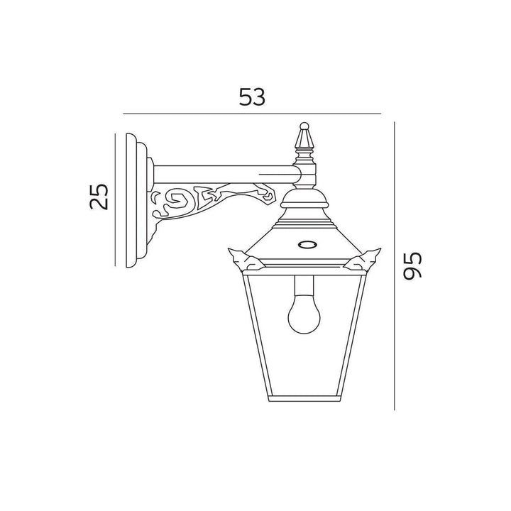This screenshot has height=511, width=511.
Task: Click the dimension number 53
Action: click(x=252, y=97)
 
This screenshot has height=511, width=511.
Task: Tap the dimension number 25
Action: click(x=99, y=197)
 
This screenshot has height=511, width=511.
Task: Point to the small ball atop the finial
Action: click(x=304, y=126)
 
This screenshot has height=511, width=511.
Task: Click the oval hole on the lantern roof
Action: click(x=307, y=244)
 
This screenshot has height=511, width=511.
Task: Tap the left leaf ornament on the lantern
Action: click(x=247, y=260)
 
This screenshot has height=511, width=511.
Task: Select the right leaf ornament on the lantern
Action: click(x=363, y=259)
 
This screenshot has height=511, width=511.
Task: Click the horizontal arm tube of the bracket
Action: click(x=225, y=174)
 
